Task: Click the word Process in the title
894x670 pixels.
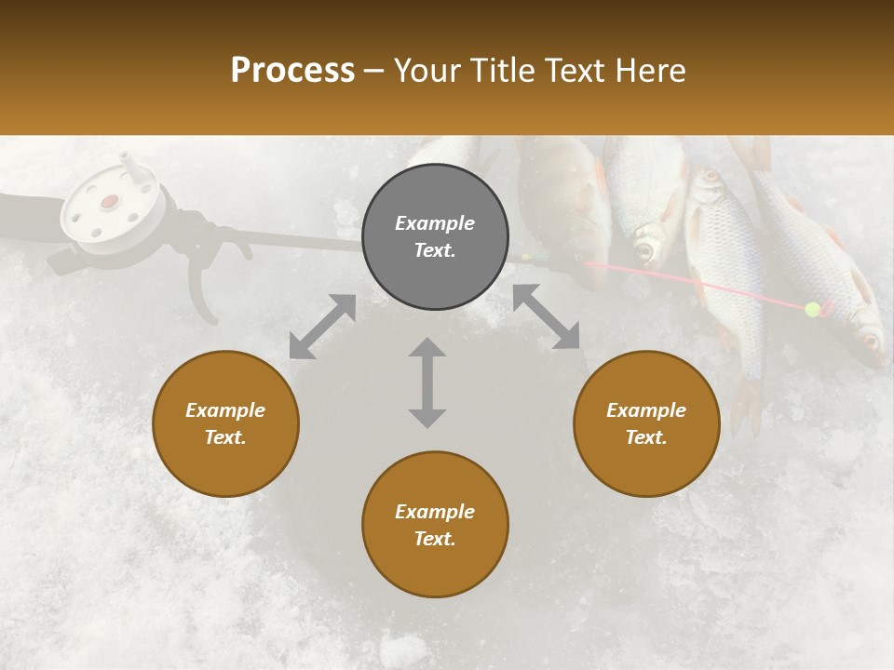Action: [x=292, y=71]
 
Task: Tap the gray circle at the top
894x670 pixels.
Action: [x=435, y=236]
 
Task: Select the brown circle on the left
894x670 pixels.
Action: [x=225, y=423]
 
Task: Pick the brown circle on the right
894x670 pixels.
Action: [x=646, y=423]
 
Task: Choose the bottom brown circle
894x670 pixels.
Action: [x=435, y=525]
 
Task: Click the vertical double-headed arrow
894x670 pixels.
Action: [x=427, y=382]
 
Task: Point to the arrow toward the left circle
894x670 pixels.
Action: [x=322, y=327]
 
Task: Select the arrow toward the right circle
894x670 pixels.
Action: [x=546, y=317]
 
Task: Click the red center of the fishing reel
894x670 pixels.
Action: [x=110, y=201]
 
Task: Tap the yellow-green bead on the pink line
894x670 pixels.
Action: [x=812, y=309]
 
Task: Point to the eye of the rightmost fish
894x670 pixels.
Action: [x=872, y=341]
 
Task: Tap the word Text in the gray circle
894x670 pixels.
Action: [x=434, y=250]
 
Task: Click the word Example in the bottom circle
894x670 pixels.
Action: [x=434, y=511]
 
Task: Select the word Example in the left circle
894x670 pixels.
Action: [x=225, y=410]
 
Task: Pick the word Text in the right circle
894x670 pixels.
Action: [x=646, y=437]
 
